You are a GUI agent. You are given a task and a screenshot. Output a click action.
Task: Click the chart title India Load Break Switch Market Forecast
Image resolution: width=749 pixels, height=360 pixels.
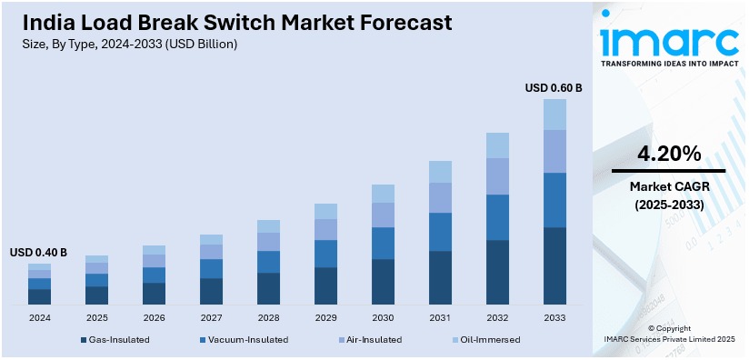pos(231,23)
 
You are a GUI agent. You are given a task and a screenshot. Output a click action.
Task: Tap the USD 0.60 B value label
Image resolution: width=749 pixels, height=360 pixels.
pos(554,88)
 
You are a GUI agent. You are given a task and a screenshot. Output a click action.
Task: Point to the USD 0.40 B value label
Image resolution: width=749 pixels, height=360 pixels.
pos(38,252)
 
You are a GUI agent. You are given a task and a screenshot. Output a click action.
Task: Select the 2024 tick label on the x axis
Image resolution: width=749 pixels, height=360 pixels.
pos(39,318)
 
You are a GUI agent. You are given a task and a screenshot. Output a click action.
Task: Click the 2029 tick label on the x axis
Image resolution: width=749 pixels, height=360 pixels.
pos(325,318)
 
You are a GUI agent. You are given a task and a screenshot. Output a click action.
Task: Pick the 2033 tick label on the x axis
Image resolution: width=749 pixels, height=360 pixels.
pos(554,318)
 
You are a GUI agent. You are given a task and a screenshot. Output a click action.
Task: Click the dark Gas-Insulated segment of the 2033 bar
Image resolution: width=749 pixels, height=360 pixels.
pos(554,265)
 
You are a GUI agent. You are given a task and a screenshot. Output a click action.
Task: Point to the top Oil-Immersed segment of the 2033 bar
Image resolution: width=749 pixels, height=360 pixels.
pos(554,114)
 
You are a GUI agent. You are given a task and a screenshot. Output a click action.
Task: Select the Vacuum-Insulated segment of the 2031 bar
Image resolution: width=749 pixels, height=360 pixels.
pos(440,232)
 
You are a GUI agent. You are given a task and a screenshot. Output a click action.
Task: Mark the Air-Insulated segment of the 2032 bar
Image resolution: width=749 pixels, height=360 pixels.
pos(497,176)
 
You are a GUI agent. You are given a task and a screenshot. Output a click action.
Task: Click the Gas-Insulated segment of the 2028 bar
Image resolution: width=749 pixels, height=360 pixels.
pos(268,288)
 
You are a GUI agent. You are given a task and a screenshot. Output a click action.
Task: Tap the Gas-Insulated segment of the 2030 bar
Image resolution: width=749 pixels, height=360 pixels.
pos(383,281)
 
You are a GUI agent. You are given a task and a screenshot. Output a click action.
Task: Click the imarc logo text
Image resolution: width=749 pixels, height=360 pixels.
pos(669,40)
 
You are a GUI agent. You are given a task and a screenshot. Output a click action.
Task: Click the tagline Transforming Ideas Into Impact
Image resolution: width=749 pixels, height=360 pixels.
pos(669,64)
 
